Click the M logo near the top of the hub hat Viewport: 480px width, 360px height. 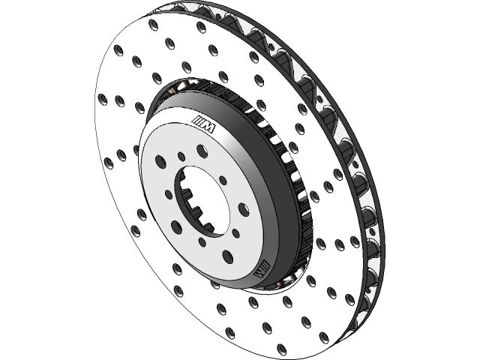pyautogui.click(x=203, y=124)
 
